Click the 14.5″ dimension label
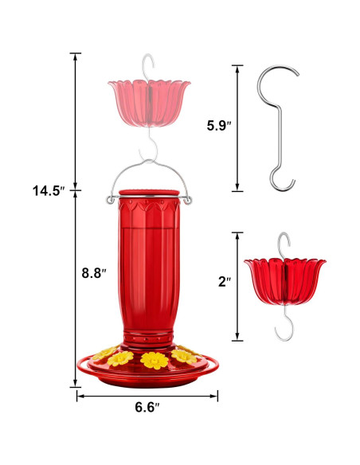(49, 190)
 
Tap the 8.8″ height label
(94, 273)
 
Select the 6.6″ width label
(147, 407)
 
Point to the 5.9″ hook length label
(219, 126)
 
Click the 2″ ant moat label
(225, 282)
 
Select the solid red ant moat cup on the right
(284, 281)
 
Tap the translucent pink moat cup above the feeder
(149, 102)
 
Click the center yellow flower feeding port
(155, 361)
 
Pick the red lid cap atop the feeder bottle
(149, 193)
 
